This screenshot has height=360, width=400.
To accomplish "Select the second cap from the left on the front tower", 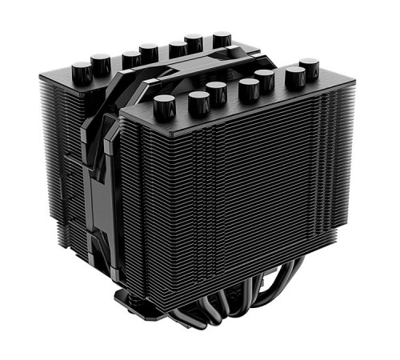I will [198, 101].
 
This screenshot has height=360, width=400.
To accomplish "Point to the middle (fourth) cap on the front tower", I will [249, 88].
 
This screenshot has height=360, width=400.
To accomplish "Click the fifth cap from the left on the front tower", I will [265, 80].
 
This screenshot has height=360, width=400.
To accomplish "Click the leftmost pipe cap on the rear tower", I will [82, 72].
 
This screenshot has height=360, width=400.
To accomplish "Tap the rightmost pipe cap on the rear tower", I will [222, 39].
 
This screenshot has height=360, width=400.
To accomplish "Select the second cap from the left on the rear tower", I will [101, 62].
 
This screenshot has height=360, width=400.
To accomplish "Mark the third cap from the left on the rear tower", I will [131, 59].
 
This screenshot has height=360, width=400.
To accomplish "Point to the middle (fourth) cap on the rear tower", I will [148, 53].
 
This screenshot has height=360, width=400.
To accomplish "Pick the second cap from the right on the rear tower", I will [194, 42].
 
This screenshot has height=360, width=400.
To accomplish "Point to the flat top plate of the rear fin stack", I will [120, 76].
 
